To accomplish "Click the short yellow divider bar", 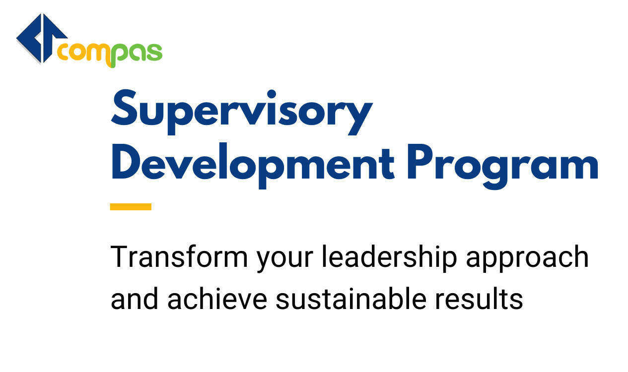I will point(131,206).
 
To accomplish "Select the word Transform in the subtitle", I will point(179,256).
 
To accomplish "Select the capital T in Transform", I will point(119,256).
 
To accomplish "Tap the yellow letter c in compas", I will point(65,53).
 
